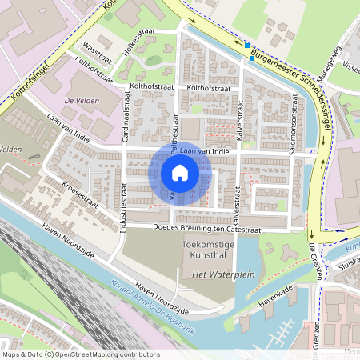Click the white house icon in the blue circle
pyautogui.click(x=180, y=173)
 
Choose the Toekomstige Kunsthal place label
pyautogui.click(x=206, y=247)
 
